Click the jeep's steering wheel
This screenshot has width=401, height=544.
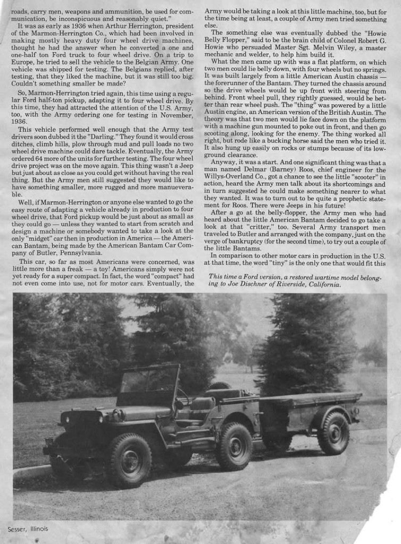click(x=183, y=396)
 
